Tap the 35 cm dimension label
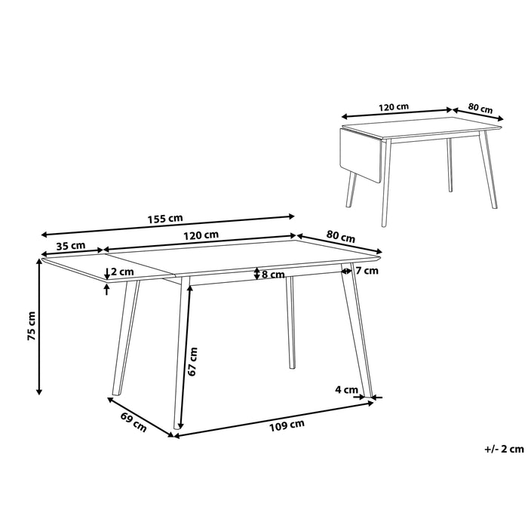[x=70, y=246]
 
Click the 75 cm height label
[x=31, y=327]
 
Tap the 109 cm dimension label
[x=287, y=424]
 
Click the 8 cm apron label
[x=273, y=274]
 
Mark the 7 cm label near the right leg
[x=366, y=270]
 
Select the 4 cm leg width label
[x=345, y=390]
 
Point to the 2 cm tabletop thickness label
[x=122, y=272]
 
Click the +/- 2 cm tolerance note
[x=504, y=449]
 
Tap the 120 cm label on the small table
[x=393, y=107]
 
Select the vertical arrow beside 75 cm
[x=39, y=327]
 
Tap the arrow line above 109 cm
[x=276, y=417]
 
